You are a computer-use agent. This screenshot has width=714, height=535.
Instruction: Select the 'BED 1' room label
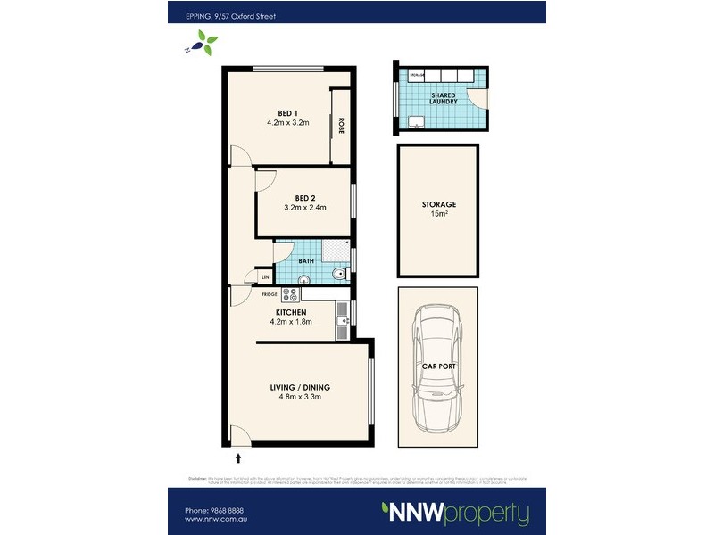[286, 113]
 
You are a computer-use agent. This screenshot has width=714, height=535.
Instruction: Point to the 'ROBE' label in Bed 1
[341, 126]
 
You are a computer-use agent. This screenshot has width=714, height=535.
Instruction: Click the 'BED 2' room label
[305, 198]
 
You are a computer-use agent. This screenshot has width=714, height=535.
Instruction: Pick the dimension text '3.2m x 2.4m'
[305, 208]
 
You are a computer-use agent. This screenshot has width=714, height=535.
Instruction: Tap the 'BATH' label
[306, 261]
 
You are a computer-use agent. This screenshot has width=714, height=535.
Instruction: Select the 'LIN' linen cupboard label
[265, 277]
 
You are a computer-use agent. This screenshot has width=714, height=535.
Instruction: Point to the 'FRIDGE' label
[269, 293]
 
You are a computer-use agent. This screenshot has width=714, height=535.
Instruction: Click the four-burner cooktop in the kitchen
[291, 293]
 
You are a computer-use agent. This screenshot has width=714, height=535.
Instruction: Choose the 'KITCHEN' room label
[291, 312]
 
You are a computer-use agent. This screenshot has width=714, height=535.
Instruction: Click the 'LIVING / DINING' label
[300, 387]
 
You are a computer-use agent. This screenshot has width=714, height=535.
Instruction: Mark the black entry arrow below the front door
[238, 458]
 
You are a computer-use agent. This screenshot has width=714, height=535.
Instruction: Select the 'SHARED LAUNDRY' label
[444, 98]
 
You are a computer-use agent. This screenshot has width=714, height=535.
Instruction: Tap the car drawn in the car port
[438, 366]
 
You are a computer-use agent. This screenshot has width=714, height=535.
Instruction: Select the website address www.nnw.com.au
[214, 520]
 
